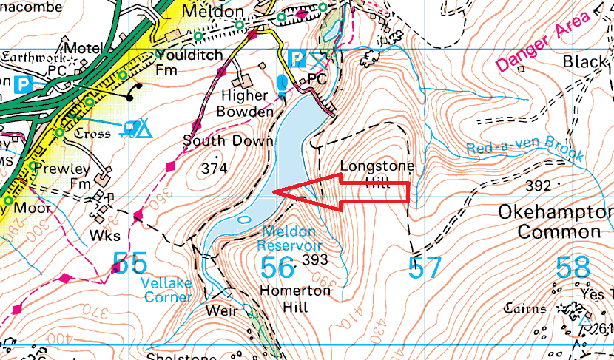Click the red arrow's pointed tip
[x=274, y=192]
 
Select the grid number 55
[x=129, y=263]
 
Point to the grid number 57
[x=425, y=268]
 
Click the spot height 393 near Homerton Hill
[x=314, y=260]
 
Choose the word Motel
[x=84, y=48]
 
